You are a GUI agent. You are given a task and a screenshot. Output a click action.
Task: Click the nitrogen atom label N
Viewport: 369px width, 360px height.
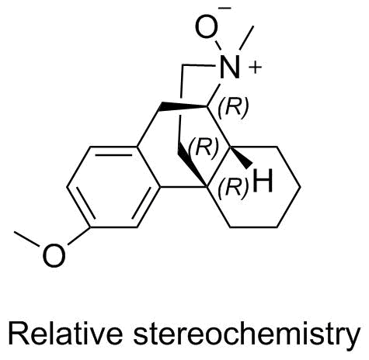[229, 67]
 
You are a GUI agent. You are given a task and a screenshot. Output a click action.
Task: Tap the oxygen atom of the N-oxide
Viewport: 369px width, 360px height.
[206, 27]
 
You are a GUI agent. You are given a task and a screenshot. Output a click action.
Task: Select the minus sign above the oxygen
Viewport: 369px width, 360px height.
[225, 9]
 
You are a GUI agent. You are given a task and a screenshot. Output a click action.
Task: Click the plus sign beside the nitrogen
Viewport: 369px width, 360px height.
[255, 67]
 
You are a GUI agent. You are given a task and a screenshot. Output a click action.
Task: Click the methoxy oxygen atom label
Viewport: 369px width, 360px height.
[54, 254]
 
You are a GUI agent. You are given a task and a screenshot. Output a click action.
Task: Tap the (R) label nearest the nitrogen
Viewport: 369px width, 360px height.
[233, 108]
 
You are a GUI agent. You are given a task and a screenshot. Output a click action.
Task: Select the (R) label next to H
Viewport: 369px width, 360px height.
[233, 188]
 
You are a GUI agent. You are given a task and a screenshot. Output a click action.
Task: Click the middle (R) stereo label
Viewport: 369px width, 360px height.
[204, 148]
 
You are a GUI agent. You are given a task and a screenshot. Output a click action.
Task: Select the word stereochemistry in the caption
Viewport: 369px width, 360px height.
[247, 336]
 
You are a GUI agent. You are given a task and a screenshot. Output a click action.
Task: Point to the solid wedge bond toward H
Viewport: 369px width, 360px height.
[241, 157]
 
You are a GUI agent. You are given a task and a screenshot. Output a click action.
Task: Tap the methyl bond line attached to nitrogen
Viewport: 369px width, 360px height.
[247, 38]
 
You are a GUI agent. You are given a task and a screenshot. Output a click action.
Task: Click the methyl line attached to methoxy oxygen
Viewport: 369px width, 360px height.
[27, 239]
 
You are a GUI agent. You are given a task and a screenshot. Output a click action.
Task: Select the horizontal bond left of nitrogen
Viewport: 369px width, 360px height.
[199, 64]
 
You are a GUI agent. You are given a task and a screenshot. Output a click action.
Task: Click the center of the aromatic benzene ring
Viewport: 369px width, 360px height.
[113, 187]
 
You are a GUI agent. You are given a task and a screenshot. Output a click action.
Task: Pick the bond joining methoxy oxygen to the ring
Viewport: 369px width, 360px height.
[79, 236]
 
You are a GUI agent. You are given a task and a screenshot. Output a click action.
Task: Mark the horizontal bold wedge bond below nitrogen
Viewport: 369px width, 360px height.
[183, 106]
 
